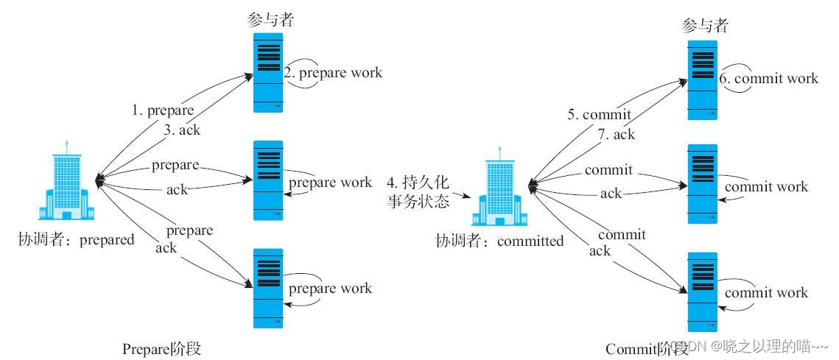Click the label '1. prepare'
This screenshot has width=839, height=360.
point(163,110)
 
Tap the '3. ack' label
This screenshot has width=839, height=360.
point(181,130)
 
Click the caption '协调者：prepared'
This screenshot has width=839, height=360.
point(77,239)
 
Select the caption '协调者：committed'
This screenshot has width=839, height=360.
point(499,241)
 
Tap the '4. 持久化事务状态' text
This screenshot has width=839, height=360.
point(418,191)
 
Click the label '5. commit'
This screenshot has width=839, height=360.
point(600,115)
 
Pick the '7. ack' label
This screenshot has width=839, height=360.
point(617,134)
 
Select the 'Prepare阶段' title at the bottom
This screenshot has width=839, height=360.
point(161,348)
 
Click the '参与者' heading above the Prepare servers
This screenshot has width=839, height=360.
point(270,20)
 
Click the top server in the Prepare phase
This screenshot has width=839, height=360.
point(268,72)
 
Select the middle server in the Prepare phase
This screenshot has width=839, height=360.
point(268,180)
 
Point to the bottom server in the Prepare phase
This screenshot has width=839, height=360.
point(268,288)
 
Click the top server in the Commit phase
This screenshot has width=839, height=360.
point(702,80)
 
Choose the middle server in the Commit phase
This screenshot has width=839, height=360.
point(702,184)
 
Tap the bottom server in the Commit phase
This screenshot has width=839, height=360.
point(702,292)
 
